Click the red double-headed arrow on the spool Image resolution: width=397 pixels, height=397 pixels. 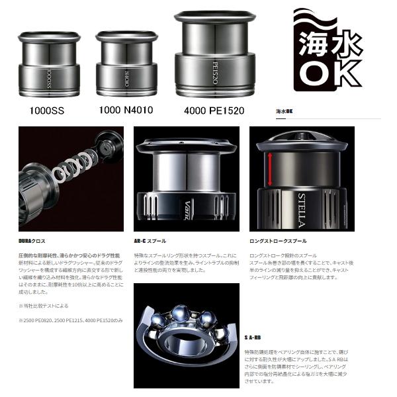[x=270, y=169]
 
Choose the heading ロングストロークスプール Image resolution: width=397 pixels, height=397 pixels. [x=278, y=241]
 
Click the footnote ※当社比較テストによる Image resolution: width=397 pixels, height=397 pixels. [x=43, y=306]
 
